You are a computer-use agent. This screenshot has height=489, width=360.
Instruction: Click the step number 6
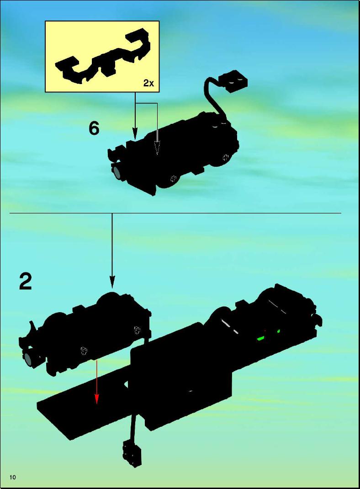94,128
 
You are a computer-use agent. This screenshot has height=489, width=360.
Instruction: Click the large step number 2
26,281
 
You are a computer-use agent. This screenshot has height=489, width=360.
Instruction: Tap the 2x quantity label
148,83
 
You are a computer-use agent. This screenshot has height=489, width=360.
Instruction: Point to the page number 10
13,477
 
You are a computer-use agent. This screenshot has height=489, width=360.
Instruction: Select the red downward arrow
96,382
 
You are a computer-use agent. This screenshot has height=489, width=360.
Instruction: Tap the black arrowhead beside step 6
135,133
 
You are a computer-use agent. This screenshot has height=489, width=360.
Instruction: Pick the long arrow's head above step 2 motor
112,282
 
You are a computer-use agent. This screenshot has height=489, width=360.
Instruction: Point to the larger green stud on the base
260,338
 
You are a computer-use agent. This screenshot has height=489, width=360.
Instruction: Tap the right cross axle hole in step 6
225,157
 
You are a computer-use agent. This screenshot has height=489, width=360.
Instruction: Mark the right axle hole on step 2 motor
137,330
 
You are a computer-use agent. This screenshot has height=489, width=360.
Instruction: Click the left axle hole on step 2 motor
84,351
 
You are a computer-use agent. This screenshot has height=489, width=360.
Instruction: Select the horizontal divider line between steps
175,213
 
